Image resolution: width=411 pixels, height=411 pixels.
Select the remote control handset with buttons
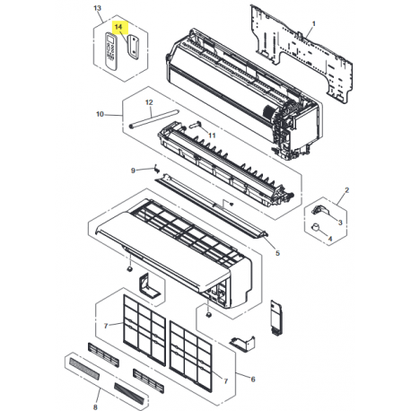[113, 48]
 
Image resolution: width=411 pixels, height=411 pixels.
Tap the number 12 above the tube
[149, 103]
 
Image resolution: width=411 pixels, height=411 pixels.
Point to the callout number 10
[101, 114]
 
